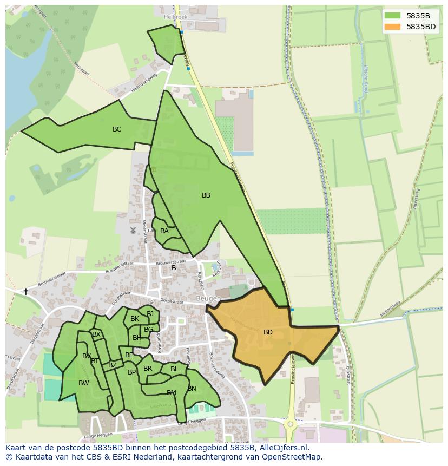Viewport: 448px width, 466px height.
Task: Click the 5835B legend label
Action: point(418,16)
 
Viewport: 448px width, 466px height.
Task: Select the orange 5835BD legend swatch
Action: point(393,27)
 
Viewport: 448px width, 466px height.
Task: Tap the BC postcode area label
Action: point(117,129)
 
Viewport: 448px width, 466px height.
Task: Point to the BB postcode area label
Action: point(206,195)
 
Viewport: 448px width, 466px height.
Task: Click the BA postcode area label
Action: point(164,231)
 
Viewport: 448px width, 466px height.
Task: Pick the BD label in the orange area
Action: point(268,332)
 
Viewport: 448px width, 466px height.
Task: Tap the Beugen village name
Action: point(208,299)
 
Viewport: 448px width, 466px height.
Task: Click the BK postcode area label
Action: point(135,319)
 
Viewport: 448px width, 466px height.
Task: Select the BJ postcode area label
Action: point(150,314)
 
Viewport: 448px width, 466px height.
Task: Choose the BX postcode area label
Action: point(96,334)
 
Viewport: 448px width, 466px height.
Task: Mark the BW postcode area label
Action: point(84,383)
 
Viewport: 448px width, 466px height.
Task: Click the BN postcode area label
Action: point(192,389)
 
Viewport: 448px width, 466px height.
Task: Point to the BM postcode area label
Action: point(172,393)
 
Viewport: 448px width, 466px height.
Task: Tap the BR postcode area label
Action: point(148,369)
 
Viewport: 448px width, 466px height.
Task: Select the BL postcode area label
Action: point(174,369)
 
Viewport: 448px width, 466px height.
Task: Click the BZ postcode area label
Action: point(113,365)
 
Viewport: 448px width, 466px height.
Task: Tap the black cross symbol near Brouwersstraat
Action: point(25,292)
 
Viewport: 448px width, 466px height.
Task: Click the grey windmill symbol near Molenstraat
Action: point(133,230)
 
